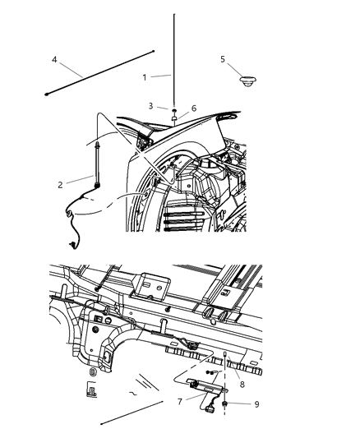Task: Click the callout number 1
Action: [x=145, y=76]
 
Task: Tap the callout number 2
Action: [x=60, y=185]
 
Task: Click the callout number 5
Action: [x=223, y=59]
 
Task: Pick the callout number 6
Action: [x=193, y=108]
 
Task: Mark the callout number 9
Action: [x=234, y=403]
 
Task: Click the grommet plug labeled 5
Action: [x=244, y=81]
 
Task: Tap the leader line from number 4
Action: [x=70, y=67]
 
